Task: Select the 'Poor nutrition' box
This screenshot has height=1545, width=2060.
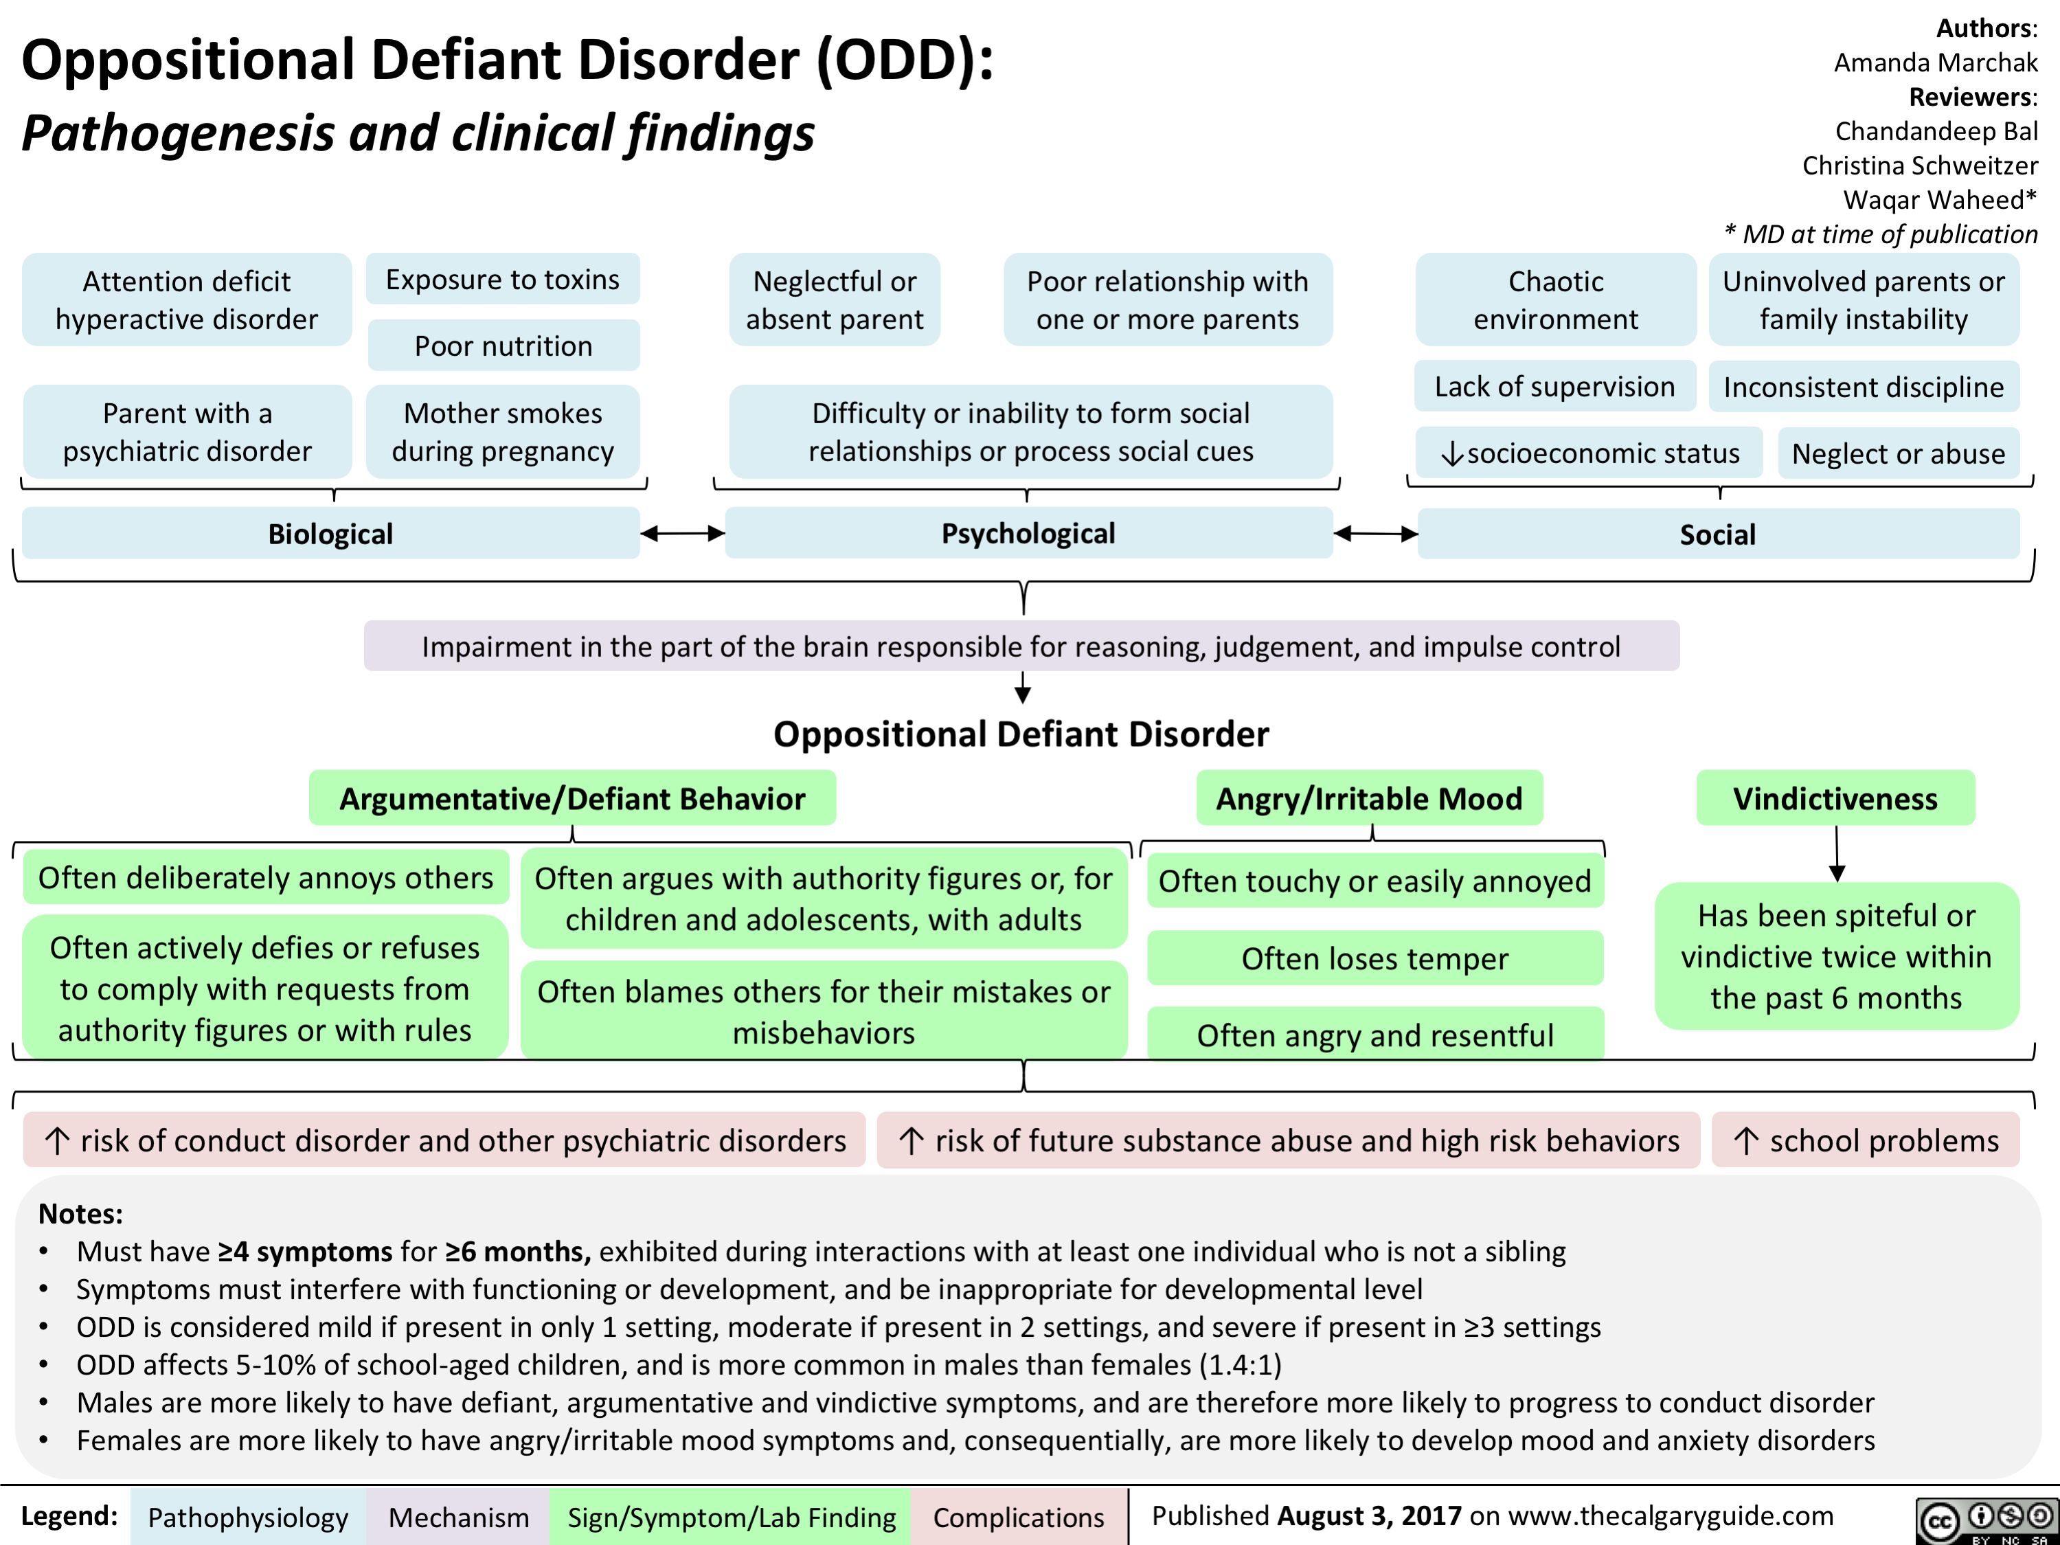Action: (503, 346)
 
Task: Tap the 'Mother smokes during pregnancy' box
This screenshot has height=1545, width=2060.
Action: (503, 431)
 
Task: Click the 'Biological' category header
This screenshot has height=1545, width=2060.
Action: (330, 534)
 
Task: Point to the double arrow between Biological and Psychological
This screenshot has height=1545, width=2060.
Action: (683, 534)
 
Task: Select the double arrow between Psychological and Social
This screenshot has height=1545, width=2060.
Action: (1375, 534)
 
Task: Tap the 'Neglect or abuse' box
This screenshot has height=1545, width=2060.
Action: (1898, 453)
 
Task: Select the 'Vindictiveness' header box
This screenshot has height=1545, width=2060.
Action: (1835, 798)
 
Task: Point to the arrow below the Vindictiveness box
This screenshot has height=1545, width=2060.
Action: (1837, 855)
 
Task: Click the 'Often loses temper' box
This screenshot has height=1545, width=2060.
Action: (1374, 958)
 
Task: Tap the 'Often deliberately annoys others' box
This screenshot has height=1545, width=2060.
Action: (265, 877)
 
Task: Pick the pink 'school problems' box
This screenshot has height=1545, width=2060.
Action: (1866, 1140)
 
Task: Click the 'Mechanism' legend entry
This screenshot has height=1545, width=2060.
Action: (458, 1517)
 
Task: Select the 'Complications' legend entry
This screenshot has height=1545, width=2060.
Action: (1018, 1517)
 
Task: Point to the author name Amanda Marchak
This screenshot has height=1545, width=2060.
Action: (1935, 63)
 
